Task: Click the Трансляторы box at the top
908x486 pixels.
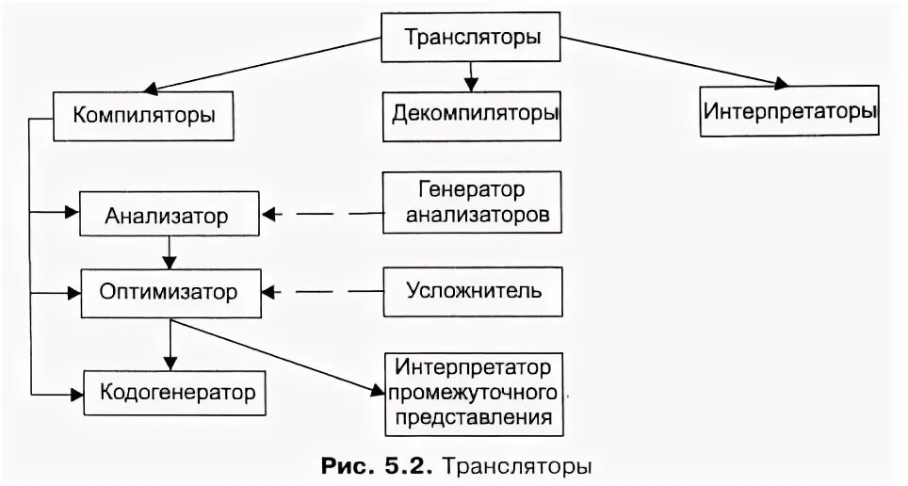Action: tap(472, 39)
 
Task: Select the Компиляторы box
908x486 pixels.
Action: tap(144, 117)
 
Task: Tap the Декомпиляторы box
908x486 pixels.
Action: tap(472, 115)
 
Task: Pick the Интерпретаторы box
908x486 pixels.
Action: tap(789, 111)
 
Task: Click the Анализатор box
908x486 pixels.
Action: tap(167, 217)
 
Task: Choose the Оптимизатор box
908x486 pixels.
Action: tap(169, 291)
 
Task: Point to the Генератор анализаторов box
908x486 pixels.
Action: tap(472, 202)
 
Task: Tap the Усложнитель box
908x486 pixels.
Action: tap(473, 290)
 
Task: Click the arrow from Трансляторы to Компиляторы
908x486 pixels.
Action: tap(245, 68)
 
